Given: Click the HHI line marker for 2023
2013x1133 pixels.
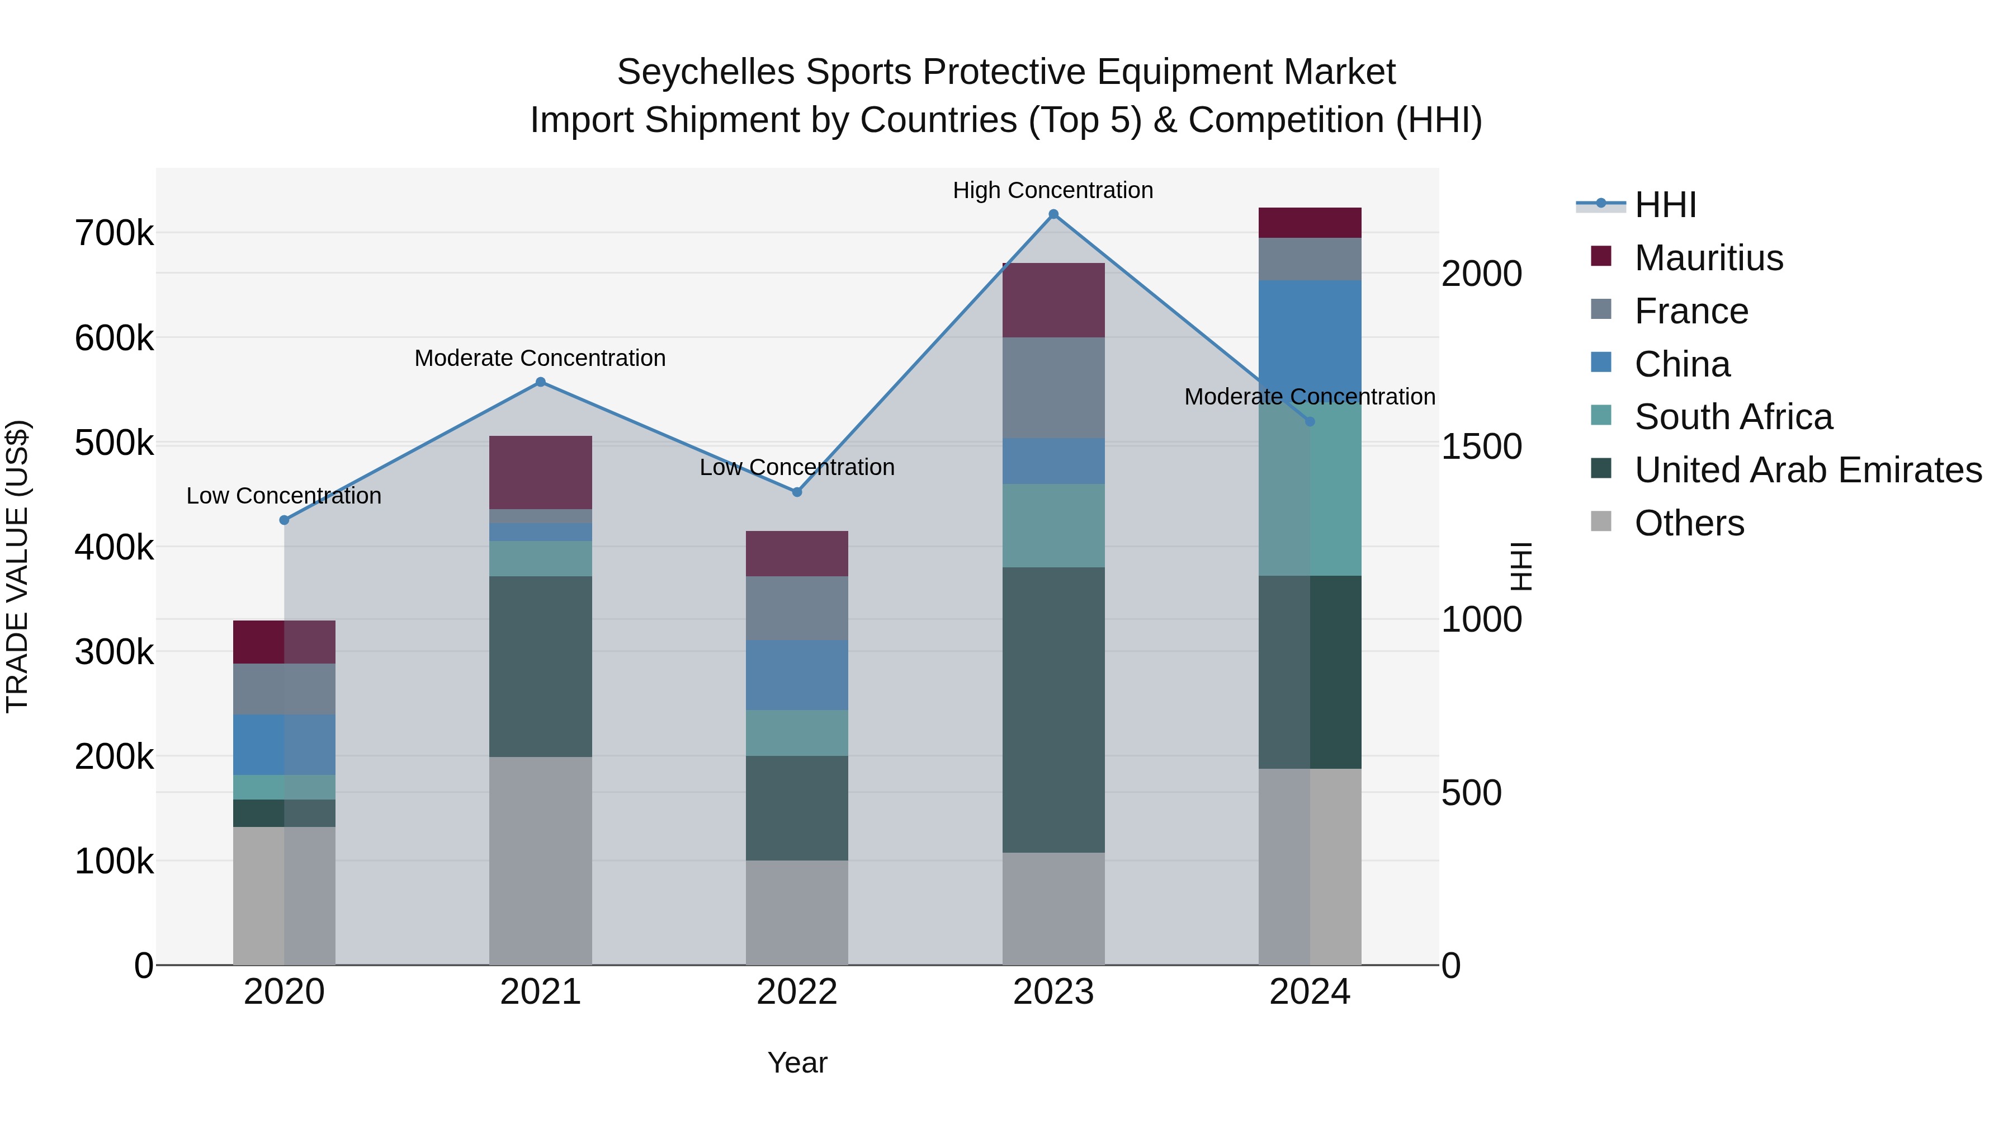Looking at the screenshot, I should pyautogui.click(x=1053, y=214).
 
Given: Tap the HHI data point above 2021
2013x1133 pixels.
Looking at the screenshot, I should pyautogui.click(x=540, y=382).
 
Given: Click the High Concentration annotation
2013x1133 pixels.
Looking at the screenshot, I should pyautogui.click(x=1052, y=190).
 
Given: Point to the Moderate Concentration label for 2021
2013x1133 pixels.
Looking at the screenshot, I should pyautogui.click(x=540, y=358).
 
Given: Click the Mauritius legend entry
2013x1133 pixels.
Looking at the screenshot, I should pyautogui.click(x=1708, y=258).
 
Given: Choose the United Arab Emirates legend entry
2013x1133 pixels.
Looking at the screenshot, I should pyautogui.click(x=1807, y=470).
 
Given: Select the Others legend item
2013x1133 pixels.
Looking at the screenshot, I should pyautogui.click(x=1689, y=523).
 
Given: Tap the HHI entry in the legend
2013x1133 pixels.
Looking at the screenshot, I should pyautogui.click(x=1665, y=205).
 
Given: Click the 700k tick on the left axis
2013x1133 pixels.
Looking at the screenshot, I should pyautogui.click(x=114, y=233).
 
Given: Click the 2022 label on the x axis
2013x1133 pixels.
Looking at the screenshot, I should pyautogui.click(x=796, y=992).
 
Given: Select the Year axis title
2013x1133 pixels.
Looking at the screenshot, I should pyautogui.click(x=796, y=1063).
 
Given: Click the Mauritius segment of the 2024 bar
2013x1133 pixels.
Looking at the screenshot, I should pyautogui.click(x=1310, y=223).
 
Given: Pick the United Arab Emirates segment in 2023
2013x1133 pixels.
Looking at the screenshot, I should pyautogui.click(x=1053, y=709).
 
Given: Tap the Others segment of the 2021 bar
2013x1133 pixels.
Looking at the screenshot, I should pyautogui.click(x=540, y=860).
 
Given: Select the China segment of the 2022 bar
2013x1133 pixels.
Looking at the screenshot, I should pyautogui.click(x=796, y=675).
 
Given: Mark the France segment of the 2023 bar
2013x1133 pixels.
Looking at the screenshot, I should pyautogui.click(x=1053, y=387).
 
